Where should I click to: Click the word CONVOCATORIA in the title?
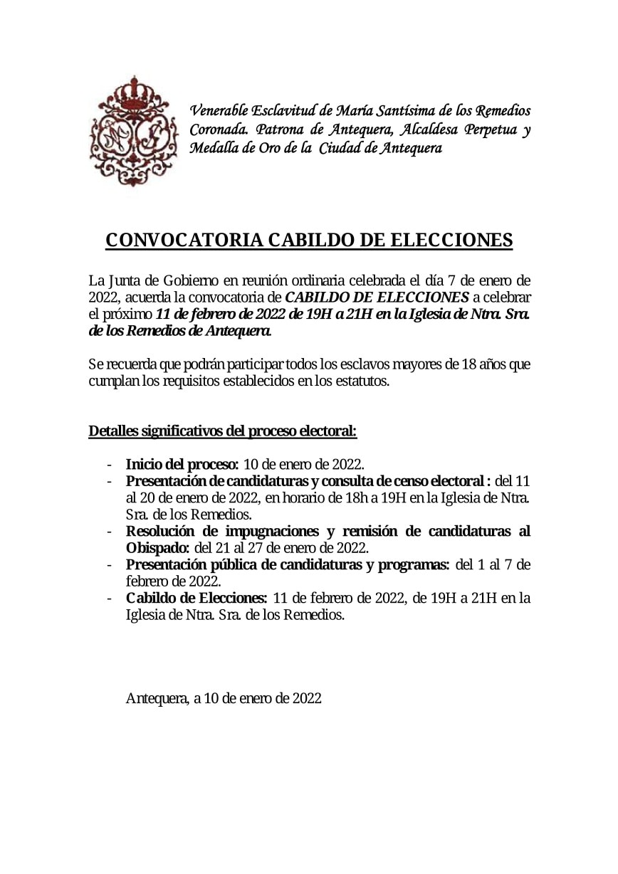184,241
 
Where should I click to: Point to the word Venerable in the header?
222,111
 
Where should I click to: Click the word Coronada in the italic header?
218,130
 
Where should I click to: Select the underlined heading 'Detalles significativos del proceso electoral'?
222,431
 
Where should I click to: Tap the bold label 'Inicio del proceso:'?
182,465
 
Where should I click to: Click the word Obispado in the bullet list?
157,548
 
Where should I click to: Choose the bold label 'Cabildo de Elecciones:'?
197,598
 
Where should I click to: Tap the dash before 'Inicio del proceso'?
109,465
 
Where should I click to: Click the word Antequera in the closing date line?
157,698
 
